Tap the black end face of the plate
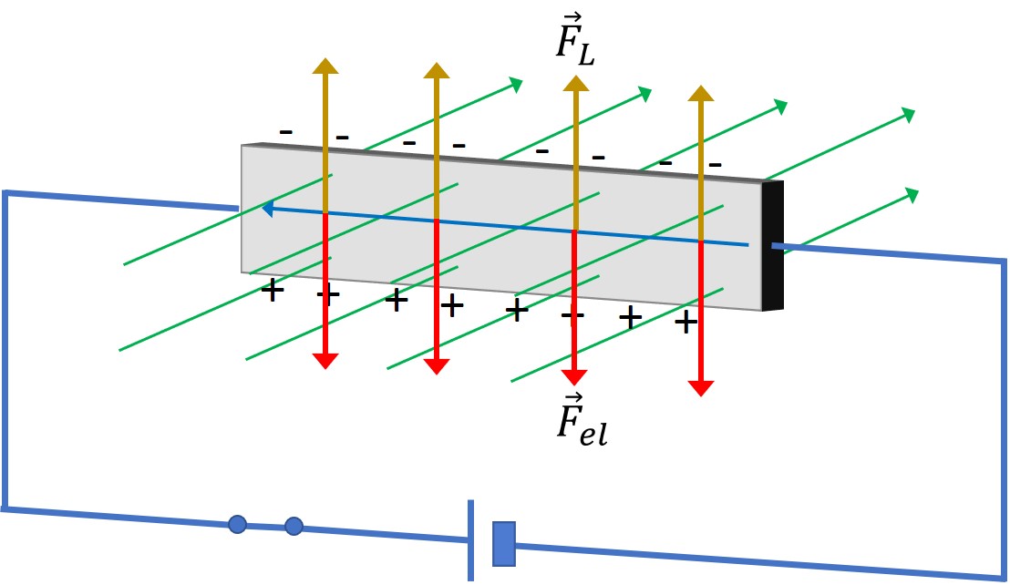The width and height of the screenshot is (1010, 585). click(x=773, y=245)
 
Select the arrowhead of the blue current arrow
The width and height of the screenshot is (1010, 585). click(x=267, y=209)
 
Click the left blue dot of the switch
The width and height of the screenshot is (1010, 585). click(x=238, y=524)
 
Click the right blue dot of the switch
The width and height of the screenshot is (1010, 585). click(x=294, y=527)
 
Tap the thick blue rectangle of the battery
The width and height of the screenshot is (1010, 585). click(x=504, y=545)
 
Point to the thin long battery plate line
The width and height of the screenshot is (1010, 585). click(x=471, y=540)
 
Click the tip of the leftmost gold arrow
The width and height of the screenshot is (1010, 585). click(x=325, y=58)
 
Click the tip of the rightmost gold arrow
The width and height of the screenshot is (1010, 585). click(x=701, y=86)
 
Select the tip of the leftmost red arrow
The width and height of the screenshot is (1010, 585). click(x=325, y=369)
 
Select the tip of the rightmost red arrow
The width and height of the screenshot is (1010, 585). click(x=701, y=396)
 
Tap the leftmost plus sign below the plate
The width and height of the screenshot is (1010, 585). click(x=273, y=291)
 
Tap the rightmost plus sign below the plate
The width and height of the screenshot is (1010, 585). click(x=686, y=322)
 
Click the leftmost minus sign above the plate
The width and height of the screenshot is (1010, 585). click(x=286, y=132)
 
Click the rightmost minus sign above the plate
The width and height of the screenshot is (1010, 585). click(x=715, y=165)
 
